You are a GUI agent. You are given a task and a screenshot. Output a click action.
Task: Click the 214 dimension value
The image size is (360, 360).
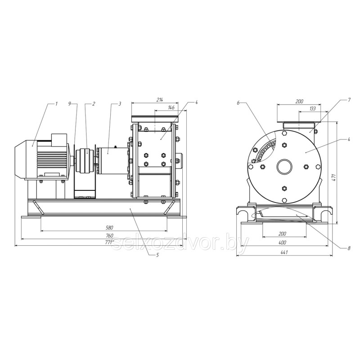click(160, 99)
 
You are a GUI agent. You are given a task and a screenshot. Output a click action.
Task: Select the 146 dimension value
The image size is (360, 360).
click(171, 107)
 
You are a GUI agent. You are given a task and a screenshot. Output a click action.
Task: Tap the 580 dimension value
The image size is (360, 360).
click(110, 228)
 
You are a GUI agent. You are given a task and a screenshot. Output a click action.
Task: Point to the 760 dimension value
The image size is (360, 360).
click(110, 235)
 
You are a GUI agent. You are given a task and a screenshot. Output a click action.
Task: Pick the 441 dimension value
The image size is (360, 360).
click(284, 252)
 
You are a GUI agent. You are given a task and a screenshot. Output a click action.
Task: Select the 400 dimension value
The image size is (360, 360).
click(283, 243)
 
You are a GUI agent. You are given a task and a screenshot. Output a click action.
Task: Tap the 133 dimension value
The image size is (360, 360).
click(313, 108)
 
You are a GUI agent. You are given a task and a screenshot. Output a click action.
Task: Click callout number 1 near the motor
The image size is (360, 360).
click(56, 103)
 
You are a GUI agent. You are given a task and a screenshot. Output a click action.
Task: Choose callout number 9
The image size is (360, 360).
click(70, 103)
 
